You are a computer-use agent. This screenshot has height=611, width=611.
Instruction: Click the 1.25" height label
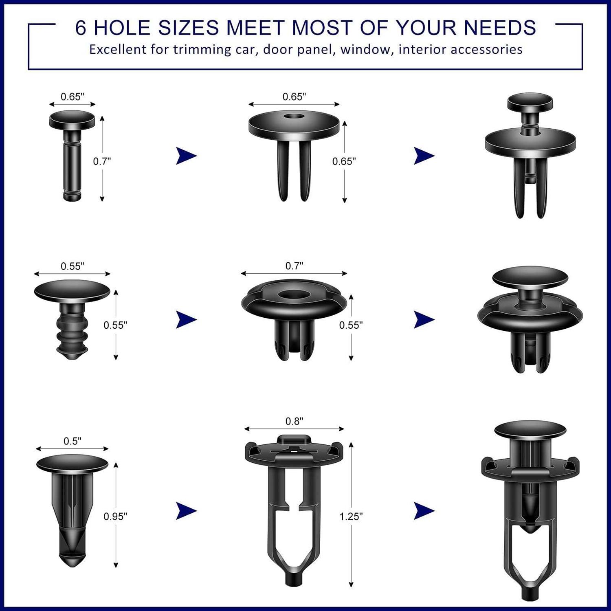351,516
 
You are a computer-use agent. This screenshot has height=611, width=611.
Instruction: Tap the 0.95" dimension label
115,516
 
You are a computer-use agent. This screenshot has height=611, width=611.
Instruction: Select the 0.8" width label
294,421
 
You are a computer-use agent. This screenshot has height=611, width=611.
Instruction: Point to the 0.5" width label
73,441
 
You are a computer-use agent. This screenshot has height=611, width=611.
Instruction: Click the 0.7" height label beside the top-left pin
102,161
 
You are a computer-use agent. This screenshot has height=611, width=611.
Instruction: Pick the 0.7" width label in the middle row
294,266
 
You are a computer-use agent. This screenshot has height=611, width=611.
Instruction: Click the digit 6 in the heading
81,28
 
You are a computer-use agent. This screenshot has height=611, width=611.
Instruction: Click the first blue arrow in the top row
186,156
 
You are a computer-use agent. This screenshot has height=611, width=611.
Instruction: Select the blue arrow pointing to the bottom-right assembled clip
424,511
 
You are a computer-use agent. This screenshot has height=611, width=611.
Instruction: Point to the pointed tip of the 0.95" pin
73,564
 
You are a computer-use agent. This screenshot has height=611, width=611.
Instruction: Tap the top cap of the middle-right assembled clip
530,277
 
